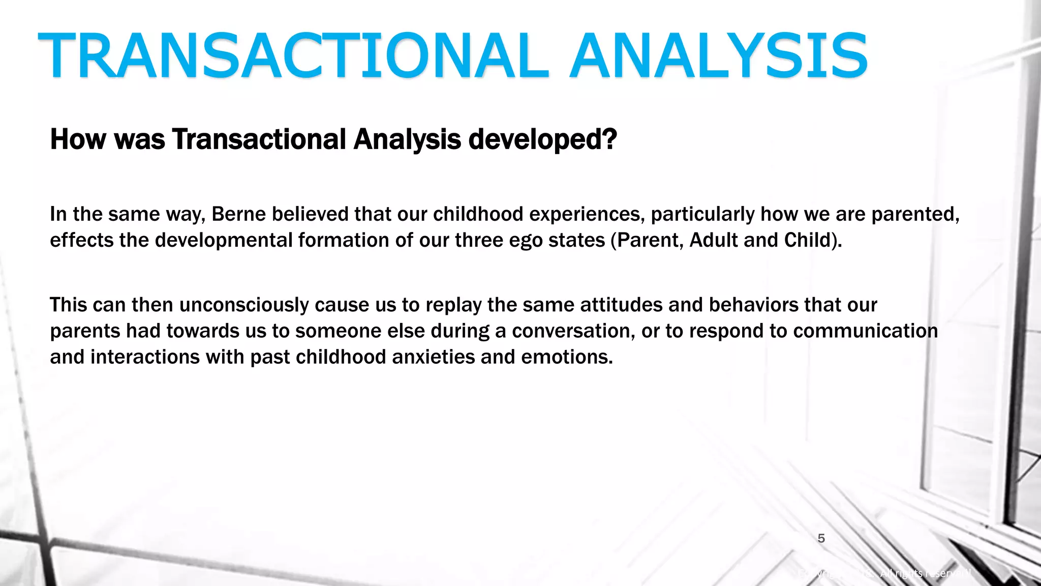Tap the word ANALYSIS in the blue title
click(x=718, y=56)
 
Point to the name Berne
click(x=238, y=214)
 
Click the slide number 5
click(x=821, y=538)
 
